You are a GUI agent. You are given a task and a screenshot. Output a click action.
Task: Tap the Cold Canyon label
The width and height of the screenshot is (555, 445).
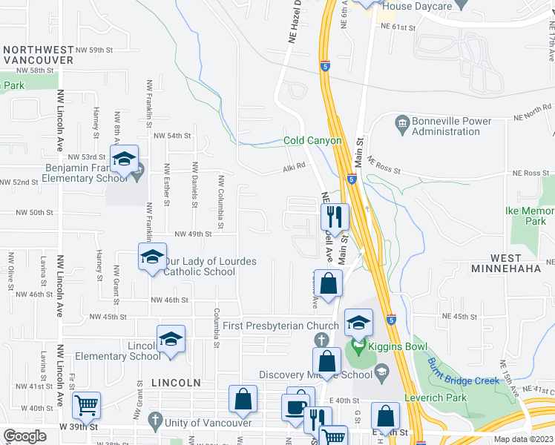click(312, 140)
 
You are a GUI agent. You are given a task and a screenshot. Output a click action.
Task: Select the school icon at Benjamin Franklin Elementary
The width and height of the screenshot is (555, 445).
click(124, 159)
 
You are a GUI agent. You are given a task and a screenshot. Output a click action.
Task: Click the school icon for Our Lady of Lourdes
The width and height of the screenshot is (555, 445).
click(152, 257)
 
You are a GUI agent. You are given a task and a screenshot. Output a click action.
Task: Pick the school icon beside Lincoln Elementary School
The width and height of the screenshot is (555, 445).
click(171, 340)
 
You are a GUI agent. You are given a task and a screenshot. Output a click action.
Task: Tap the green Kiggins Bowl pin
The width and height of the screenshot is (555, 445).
click(359, 346)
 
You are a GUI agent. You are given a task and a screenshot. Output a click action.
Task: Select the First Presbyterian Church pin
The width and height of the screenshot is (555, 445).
click(321, 339)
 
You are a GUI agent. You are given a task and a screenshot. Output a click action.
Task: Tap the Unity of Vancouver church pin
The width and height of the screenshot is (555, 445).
click(155, 421)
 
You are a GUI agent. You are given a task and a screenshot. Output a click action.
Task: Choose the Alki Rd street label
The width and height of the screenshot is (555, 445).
click(294, 167)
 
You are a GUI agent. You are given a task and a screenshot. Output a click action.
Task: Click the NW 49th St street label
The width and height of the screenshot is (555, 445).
click(193, 234)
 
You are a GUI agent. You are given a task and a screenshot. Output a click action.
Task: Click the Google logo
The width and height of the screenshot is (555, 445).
click(24, 436)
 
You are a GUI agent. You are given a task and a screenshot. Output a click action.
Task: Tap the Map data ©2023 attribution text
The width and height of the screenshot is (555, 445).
click(523, 439)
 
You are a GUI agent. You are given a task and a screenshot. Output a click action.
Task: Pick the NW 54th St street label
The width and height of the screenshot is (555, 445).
click(172, 136)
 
